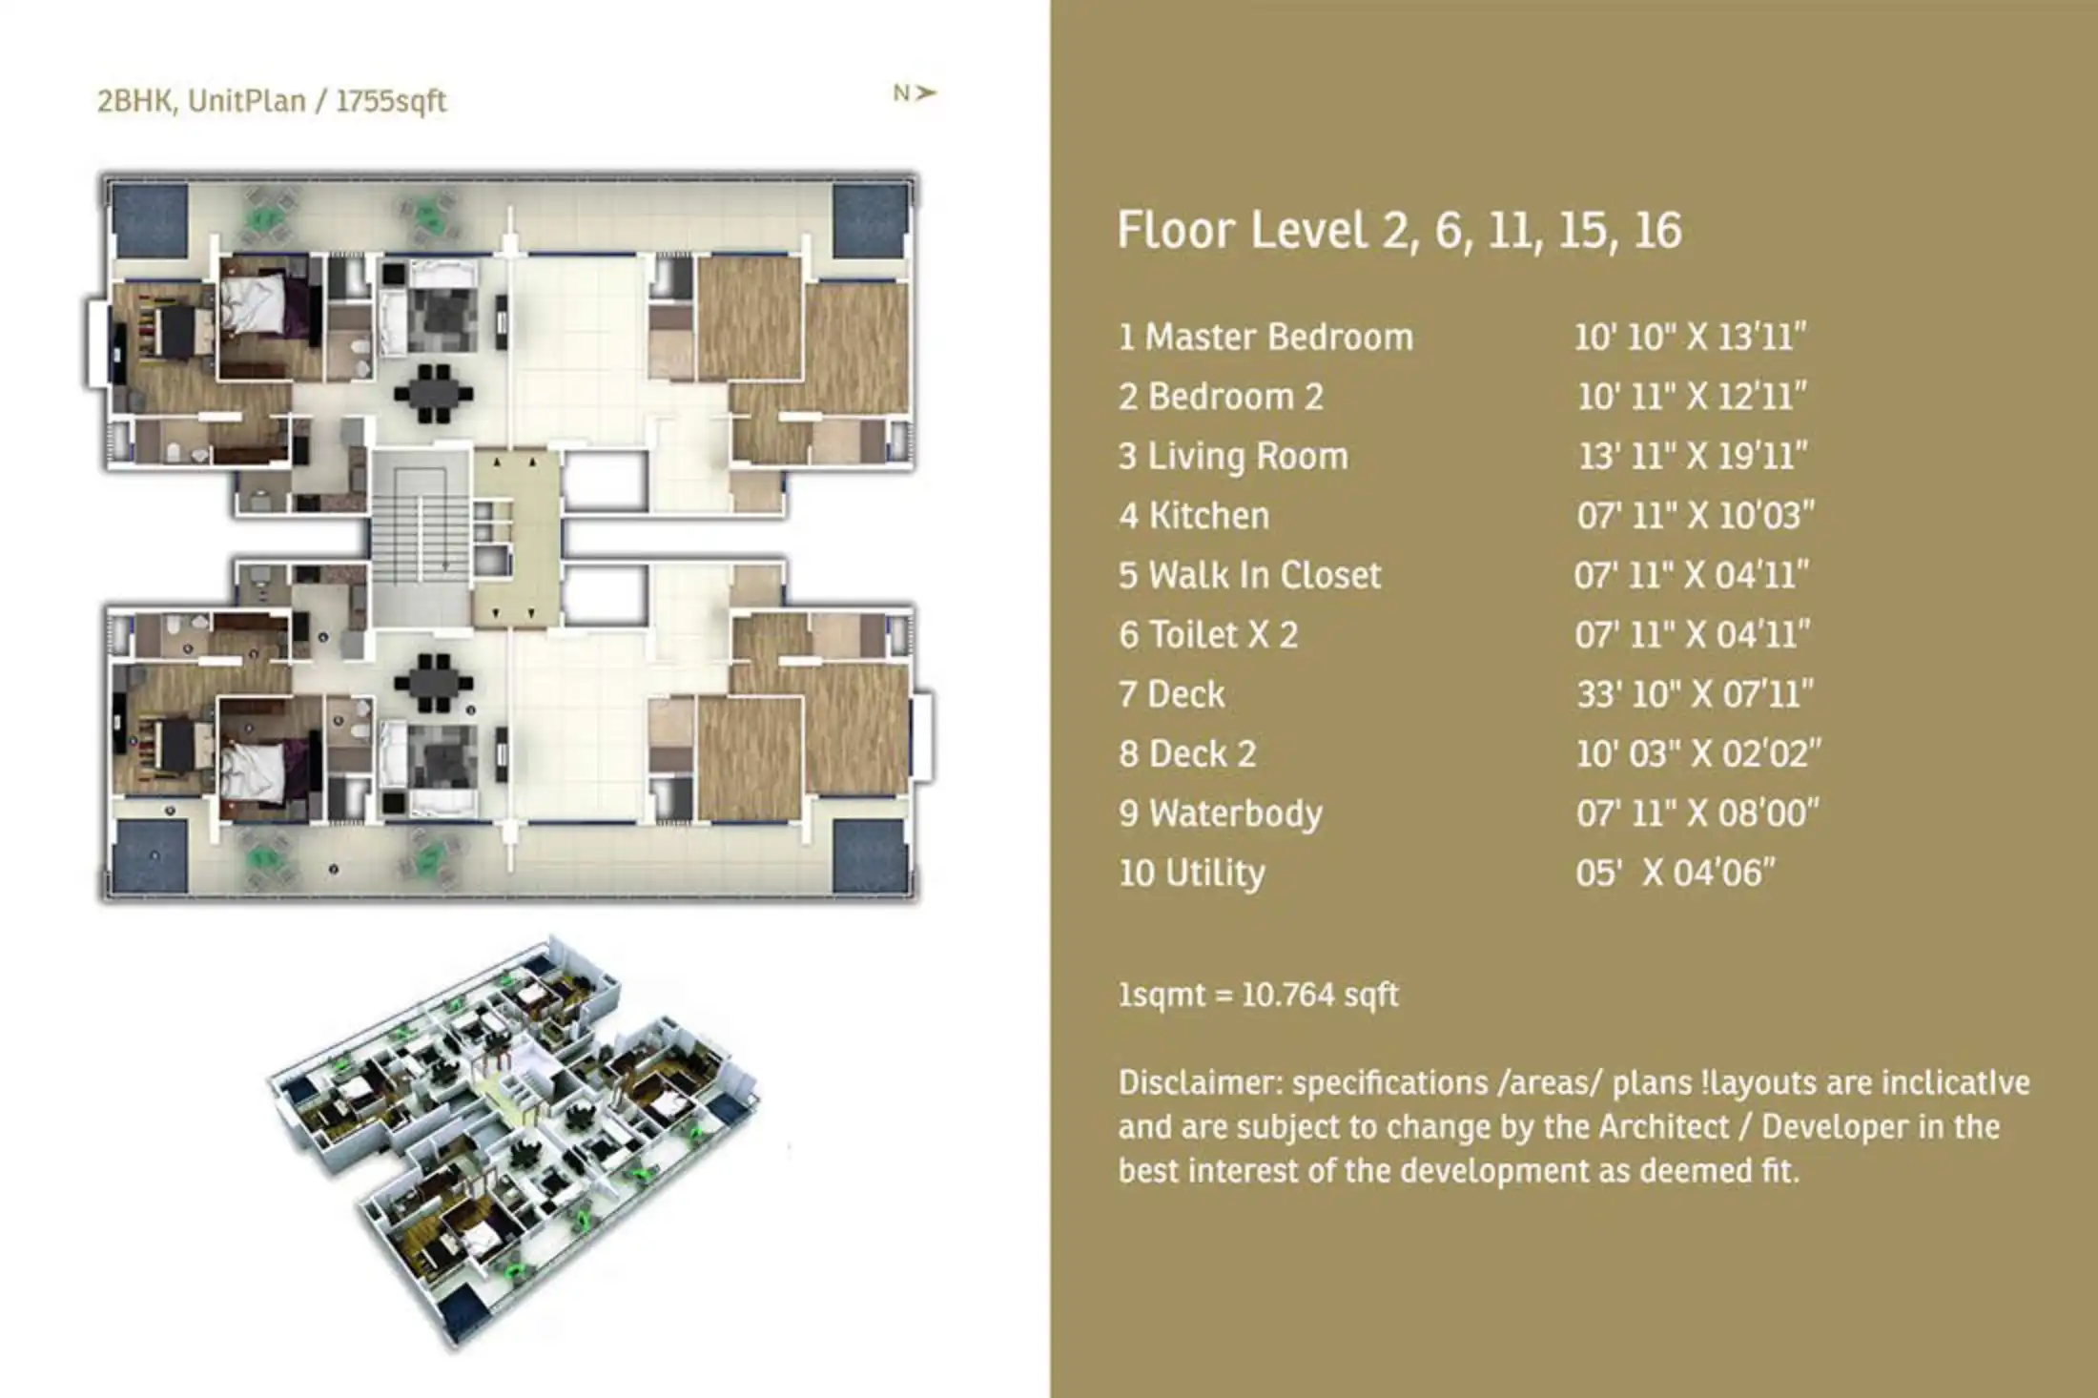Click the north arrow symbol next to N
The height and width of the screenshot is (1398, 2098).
[926, 93]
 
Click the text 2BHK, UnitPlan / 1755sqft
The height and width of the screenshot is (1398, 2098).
[272, 101]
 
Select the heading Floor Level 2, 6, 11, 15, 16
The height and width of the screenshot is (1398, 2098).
[1399, 231]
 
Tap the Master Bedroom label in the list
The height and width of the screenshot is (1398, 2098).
[1266, 338]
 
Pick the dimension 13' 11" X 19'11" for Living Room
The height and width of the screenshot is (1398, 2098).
[1692, 457]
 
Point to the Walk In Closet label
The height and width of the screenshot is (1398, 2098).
[1250, 575]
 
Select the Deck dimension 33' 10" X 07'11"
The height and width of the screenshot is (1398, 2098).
[1695, 694]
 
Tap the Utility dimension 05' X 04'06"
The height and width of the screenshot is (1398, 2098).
[1675, 874]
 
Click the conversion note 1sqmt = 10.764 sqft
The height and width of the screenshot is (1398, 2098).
[1258, 995]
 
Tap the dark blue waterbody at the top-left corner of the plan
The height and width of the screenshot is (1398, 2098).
[150, 219]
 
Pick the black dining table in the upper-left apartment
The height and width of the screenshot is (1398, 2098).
[434, 392]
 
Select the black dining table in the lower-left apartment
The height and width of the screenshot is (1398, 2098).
[434, 682]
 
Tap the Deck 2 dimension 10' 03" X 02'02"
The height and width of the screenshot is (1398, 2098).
[1697, 754]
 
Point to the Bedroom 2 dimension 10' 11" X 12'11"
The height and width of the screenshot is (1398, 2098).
[1692, 397]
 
